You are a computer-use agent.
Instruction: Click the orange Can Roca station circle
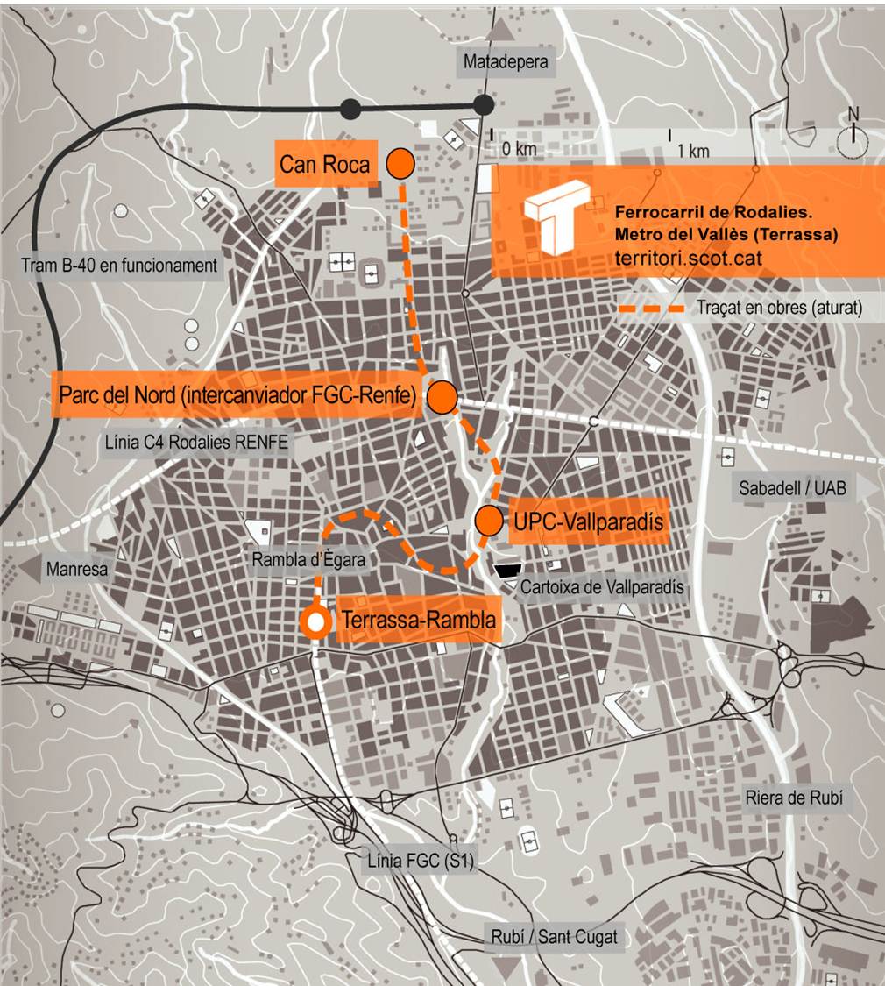[400, 163]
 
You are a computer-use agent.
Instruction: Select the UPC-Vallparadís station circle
[489, 521]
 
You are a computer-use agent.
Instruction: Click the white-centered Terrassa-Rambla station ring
[315, 621]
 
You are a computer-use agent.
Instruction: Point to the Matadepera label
[506, 62]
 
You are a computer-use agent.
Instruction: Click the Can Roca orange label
[326, 164]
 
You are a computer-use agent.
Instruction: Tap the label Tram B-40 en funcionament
[118, 265]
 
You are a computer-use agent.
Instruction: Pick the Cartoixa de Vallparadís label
[601, 588]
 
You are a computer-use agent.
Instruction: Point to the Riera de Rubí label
[792, 798]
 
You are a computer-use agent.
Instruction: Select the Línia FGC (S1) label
[421, 862]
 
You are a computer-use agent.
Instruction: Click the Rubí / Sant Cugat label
[553, 937]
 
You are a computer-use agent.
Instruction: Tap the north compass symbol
[853, 138]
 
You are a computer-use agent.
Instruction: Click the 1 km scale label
[693, 151]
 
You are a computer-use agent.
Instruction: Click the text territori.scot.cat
[688, 259]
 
